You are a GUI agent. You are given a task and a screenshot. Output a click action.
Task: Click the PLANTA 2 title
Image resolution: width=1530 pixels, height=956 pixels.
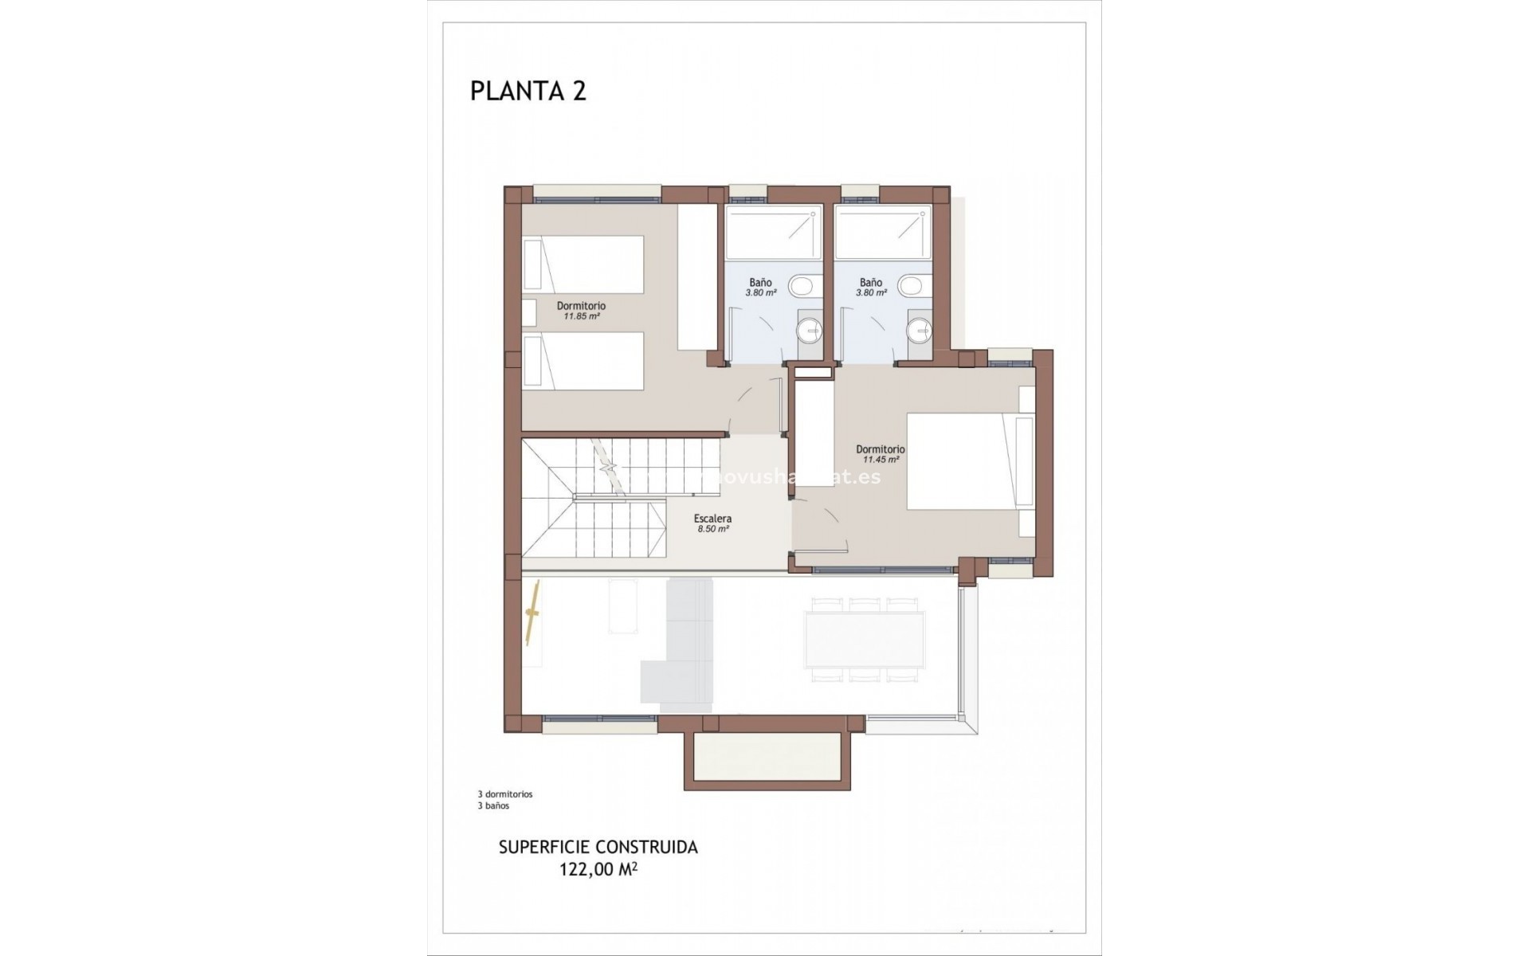coord(528,91)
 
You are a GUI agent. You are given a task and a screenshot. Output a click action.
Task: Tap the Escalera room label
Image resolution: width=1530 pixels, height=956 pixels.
coord(712,519)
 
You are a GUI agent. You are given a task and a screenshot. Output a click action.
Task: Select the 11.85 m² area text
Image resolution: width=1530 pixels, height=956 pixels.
coord(581,316)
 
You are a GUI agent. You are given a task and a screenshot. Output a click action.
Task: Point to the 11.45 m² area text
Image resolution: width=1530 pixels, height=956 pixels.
coord(880,460)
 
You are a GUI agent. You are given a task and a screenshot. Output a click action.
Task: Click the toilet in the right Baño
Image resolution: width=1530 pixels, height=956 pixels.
coord(912,285)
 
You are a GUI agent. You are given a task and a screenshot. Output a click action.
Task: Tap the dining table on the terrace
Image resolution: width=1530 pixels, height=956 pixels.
coord(865,639)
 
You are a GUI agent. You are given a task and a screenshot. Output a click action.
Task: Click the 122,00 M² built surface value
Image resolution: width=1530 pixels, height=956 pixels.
coord(598,870)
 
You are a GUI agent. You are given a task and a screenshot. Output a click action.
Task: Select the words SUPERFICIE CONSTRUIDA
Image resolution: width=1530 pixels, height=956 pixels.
coord(598,848)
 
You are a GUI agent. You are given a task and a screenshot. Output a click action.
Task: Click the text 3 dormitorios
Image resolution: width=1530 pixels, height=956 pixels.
coord(504,794)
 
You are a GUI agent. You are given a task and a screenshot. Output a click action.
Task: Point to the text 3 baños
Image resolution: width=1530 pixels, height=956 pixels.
coord(493,805)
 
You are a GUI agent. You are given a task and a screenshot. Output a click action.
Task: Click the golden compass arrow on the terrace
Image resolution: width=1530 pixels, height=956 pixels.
coord(533,613)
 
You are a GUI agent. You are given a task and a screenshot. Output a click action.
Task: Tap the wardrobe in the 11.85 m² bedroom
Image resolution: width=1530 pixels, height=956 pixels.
coord(697,277)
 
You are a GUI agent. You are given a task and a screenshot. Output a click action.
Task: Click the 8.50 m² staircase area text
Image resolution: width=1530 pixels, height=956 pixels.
coord(712,529)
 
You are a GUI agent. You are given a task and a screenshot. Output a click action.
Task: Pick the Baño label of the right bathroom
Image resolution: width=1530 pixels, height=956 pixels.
coord(871,282)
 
